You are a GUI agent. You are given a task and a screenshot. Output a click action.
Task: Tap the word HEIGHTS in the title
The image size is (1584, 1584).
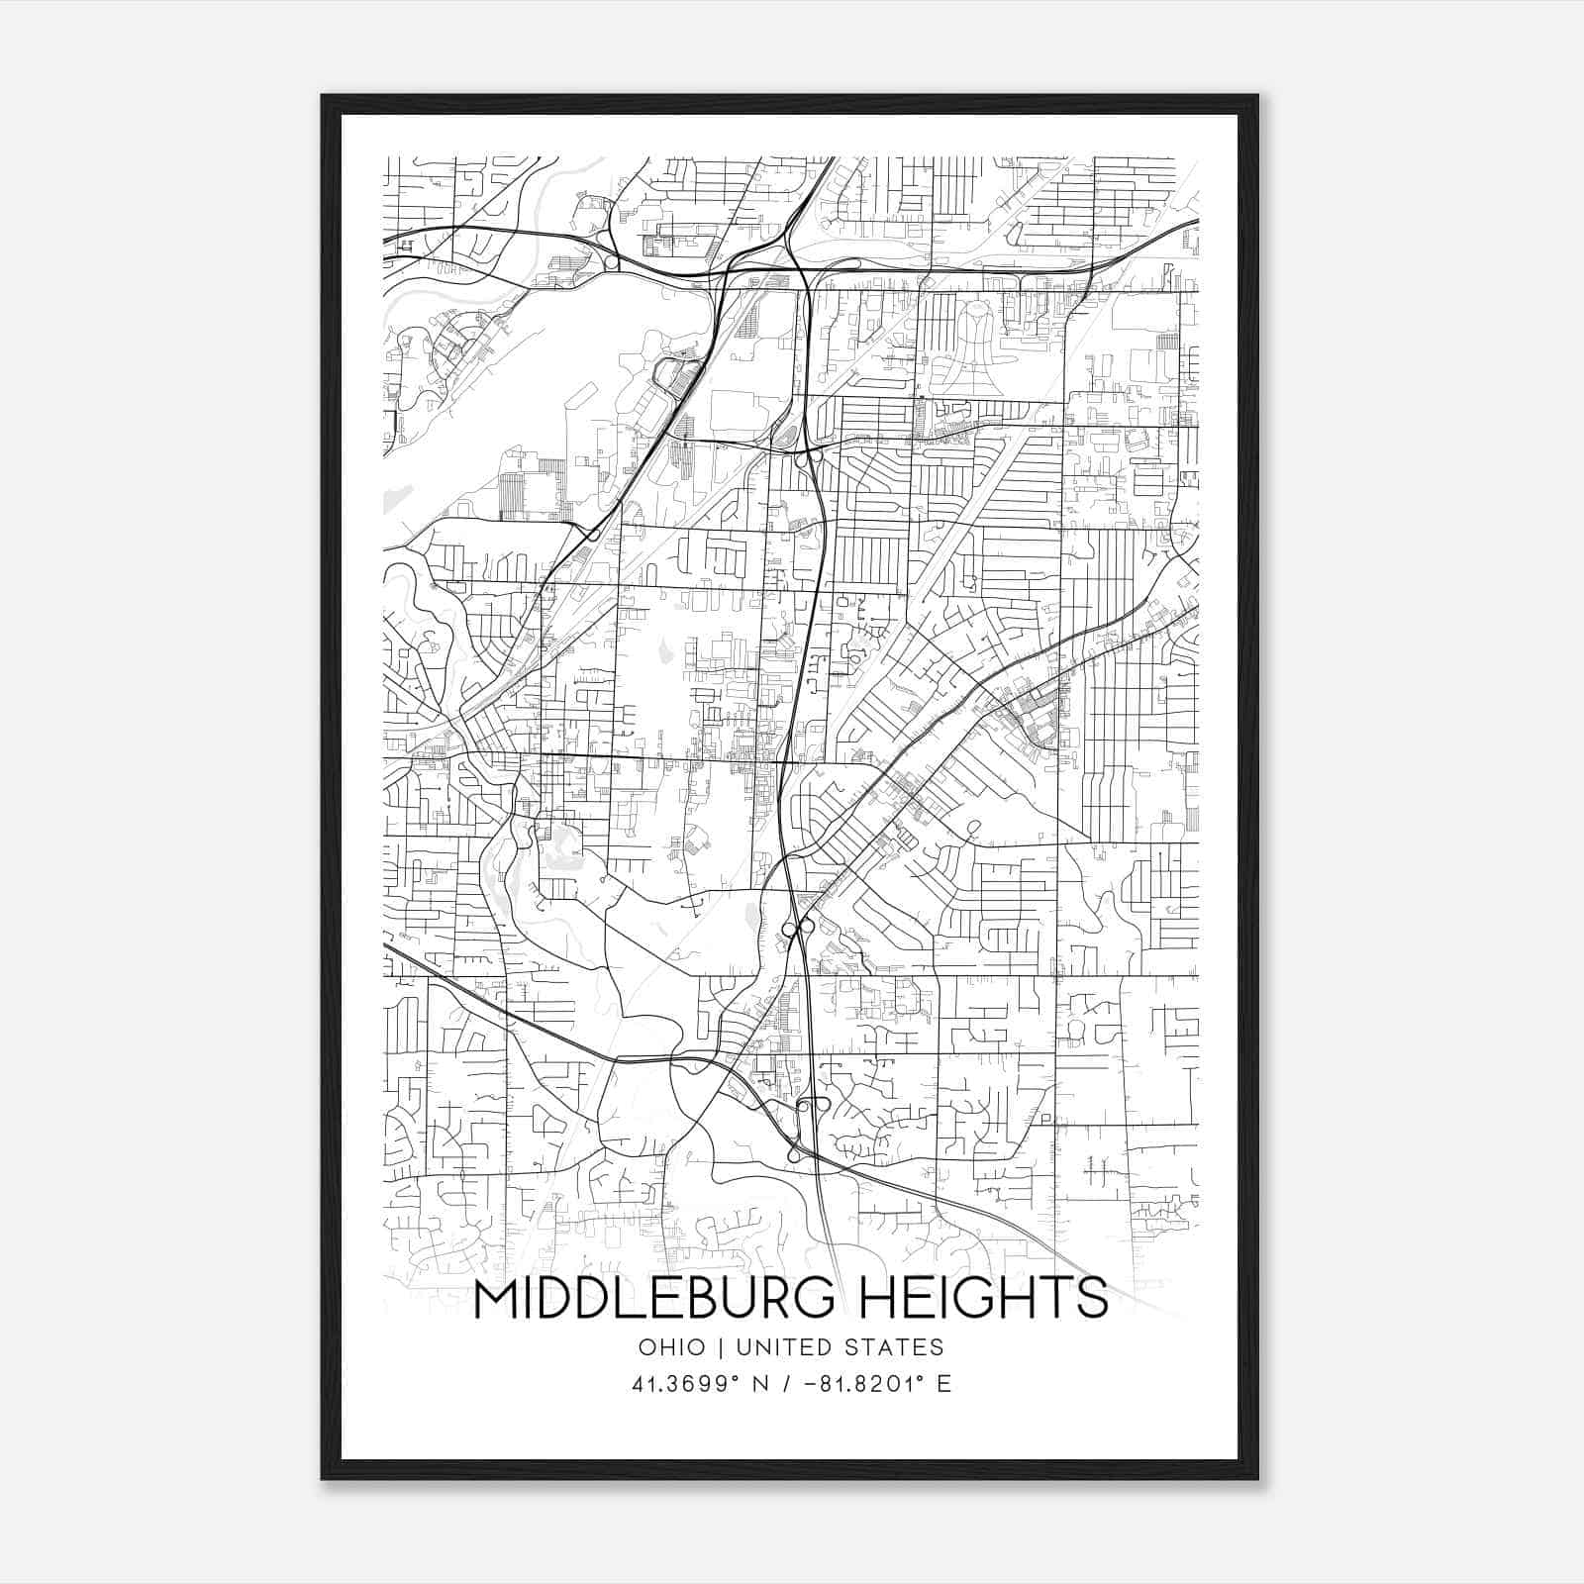(982, 1300)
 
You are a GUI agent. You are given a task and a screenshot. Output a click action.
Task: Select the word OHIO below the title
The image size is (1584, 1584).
(672, 1347)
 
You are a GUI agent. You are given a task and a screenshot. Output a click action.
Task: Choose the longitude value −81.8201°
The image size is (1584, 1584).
(864, 1384)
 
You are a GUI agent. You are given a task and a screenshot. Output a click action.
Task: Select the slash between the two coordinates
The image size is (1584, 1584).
(788, 1384)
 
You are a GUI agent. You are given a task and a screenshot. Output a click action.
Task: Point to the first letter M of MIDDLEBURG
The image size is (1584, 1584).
(496, 1300)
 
